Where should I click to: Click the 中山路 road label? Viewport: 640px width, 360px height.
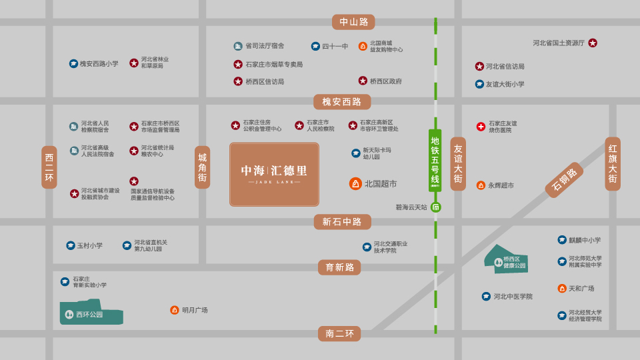(353, 22)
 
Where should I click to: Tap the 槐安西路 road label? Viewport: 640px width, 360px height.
(342, 102)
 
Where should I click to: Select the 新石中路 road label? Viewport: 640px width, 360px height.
(342, 222)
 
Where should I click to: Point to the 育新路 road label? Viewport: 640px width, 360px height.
(339, 267)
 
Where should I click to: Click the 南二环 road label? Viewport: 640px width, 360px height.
(339, 333)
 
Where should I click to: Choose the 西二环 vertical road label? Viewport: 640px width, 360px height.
(49, 167)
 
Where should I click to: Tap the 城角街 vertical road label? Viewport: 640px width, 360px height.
(202, 167)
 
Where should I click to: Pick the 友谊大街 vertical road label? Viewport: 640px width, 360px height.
(458, 164)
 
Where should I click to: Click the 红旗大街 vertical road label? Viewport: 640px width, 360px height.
(613, 164)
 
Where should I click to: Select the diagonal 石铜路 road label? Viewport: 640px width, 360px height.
(564, 180)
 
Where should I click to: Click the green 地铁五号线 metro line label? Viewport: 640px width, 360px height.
(435, 160)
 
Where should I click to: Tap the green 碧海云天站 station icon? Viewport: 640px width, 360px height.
(436, 207)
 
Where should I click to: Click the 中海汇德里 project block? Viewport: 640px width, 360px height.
(274, 174)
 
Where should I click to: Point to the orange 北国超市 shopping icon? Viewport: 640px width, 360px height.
(356, 183)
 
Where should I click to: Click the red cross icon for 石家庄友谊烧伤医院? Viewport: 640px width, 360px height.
(481, 127)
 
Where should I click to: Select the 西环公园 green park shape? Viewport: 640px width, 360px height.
(91, 313)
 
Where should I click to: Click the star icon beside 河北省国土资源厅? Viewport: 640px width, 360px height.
(593, 43)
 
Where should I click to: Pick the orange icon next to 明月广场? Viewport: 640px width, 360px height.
(175, 310)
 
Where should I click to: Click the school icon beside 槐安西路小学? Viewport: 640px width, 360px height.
(73, 63)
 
